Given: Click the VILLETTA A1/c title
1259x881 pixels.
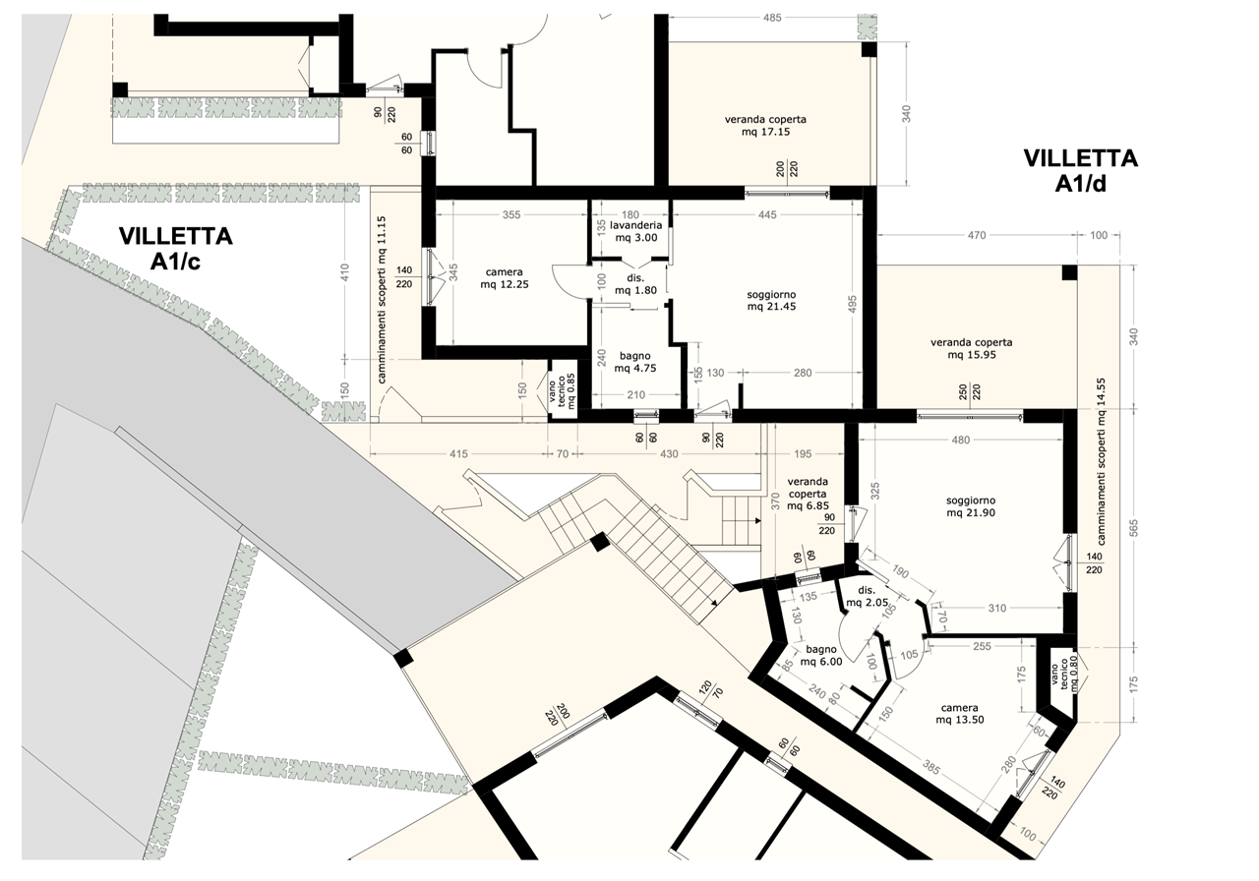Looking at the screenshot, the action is tap(175, 249).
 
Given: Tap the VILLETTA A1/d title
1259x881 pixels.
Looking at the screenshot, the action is tap(1080, 170).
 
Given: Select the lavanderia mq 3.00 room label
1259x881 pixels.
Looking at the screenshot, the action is tap(635, 231).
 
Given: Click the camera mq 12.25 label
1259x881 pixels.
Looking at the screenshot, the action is tap(505, 278).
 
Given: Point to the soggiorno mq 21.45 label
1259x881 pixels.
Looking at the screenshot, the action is tap(771, 300).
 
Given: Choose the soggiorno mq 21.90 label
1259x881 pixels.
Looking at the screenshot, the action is tap(971, 506).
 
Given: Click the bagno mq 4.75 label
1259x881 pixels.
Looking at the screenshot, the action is tap(635, 362).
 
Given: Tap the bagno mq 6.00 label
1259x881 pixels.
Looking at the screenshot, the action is tap(821, 656).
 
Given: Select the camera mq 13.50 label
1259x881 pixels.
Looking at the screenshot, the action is tap(959, 714).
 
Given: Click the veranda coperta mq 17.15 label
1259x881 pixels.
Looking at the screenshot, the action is tap(765, 125).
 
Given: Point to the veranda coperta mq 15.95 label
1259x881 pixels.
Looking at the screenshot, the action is tap(971, 348).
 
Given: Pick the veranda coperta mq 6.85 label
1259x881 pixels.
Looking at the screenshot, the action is tap(808, 494).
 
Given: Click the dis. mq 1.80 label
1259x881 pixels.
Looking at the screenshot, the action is tap(635, 284).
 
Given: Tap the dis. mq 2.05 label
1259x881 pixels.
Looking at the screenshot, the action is tap(868, 597).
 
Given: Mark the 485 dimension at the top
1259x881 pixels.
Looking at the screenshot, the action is tap(772, 18).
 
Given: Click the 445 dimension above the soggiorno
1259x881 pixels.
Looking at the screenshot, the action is tap(767, 214).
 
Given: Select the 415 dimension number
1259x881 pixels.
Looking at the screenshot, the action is tap(458, 454).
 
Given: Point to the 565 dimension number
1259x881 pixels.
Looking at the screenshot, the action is tap(1133, 528).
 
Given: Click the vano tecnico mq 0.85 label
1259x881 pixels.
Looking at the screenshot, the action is tap(561, 391).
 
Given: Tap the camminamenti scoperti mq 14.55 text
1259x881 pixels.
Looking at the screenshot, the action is tap(1101, 461).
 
